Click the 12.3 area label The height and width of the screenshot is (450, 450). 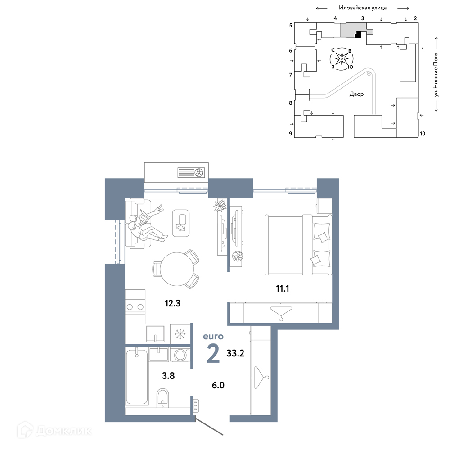(x=172, y=303)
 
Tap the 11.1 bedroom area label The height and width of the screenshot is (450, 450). (x=283, y=288)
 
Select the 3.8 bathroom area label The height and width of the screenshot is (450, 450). (x=168, y=375)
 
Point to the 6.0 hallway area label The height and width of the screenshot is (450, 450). (x=218, y=385)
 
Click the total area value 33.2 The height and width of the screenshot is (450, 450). (x=235, y=353)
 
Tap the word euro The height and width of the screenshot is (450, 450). (x=213, y=336)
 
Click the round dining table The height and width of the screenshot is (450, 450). (x=177, y=269)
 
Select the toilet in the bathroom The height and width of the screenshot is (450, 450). (x=163, y=398)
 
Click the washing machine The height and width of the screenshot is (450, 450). (x=180, y=355)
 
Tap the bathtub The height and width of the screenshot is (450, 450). (x=137, y=377)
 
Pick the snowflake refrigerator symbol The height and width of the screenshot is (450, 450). (x=180, y=334)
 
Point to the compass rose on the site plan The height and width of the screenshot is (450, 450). (x=342, y=59)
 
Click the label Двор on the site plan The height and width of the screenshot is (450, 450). (x=356, y=94)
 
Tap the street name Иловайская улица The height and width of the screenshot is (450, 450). (x=362, y=8)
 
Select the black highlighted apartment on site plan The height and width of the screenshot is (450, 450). (x=358, y=35)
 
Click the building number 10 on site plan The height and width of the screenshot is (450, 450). (x=423, y=134)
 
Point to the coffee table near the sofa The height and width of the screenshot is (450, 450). (x=181, y=223)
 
